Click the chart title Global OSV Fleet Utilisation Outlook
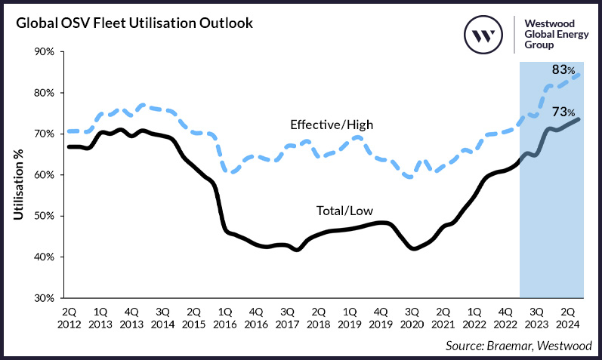[133, 23]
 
